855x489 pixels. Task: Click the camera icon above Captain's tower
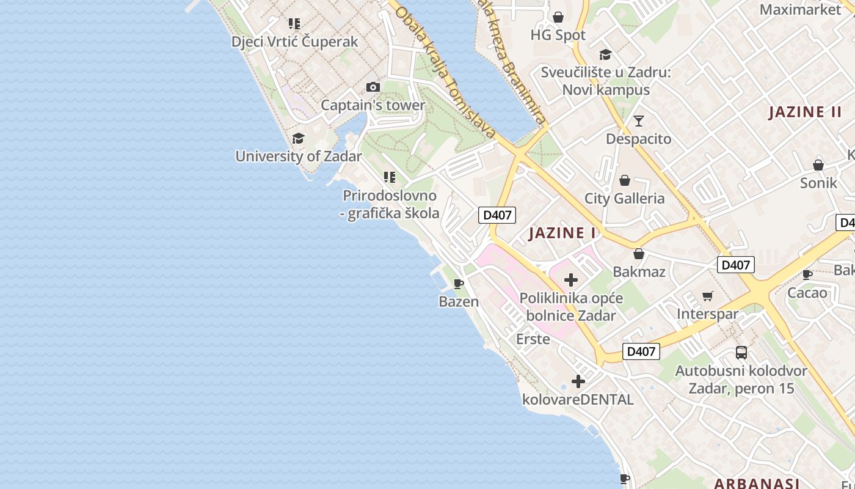point(373,87)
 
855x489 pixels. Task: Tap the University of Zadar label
point(299,156)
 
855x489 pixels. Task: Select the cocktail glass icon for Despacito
point(639,121)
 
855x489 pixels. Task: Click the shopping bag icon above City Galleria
point(624,180)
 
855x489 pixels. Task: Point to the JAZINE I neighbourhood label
point(562,233)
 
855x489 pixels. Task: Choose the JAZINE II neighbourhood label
point(805,112)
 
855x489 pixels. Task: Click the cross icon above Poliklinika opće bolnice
point(571,280)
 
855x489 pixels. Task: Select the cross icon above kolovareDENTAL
point(578,382)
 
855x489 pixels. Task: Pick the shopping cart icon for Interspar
point(707,296)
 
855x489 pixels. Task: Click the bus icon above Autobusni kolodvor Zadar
point(741,353)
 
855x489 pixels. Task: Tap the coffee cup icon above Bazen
point(459,284)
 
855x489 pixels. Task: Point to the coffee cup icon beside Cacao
point(807,274)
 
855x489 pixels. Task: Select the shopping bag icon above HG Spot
point(558,17)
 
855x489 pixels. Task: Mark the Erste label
point(533,339)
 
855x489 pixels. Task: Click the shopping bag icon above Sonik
point(818,165)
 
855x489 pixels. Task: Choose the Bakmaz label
point(639,271)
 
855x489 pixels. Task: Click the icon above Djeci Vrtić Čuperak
point(294,24)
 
